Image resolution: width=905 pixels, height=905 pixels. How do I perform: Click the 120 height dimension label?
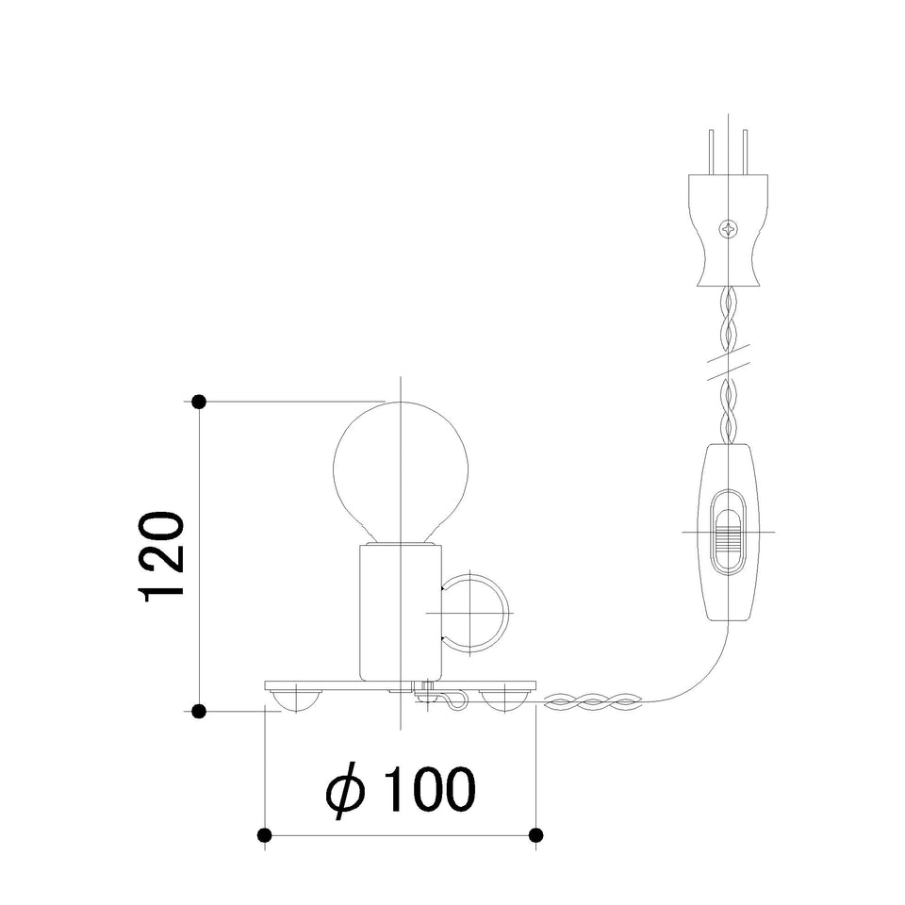coord(161,556)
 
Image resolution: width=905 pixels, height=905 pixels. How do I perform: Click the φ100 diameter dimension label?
coord(401,789)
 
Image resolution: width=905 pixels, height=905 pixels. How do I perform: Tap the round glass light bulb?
coord(401,472)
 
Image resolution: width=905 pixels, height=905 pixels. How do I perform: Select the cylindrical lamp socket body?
coord(401,613)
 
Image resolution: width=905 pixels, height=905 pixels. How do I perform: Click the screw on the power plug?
coord(728,228)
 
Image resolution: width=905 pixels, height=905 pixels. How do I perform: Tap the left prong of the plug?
coord(712,152)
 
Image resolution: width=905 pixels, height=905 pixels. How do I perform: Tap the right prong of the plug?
coord(745,152)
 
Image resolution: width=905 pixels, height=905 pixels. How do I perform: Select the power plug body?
coord(729,230)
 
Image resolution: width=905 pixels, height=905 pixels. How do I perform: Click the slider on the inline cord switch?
coord(729,532)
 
